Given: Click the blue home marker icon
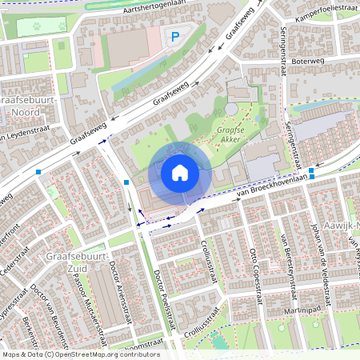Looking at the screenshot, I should point(180,173).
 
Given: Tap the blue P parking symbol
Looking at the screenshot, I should point(174,36).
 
